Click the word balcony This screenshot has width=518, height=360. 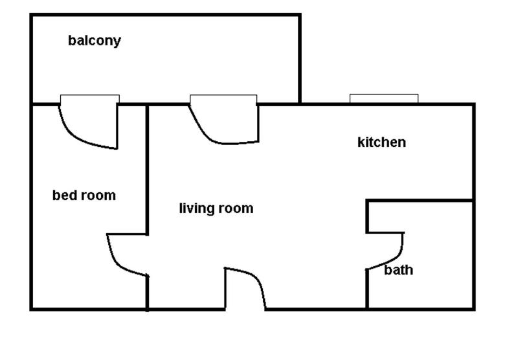click(x=95, y=41)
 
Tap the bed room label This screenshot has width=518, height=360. click(x=84, y=195)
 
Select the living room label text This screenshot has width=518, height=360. click(x=216, y=208)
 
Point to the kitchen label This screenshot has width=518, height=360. click(x=381, y=142)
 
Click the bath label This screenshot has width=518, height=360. click(x=398, y=270)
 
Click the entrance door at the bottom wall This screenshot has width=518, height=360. click(x=246, y=288)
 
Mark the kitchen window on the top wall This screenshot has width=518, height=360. click(x=383, y=98)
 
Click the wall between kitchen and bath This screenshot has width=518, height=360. click(x=421, y=201)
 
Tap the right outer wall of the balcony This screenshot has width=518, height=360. click(x=300, y=58)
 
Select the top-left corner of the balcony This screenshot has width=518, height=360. click(x=31, y=15)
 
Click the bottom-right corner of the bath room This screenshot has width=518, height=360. click(x=473, y=309)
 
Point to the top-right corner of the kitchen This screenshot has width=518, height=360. click(x=473, y=104)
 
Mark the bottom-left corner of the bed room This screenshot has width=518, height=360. click(x=31, y=309)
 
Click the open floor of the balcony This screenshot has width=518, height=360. click(x=194, y=58)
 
